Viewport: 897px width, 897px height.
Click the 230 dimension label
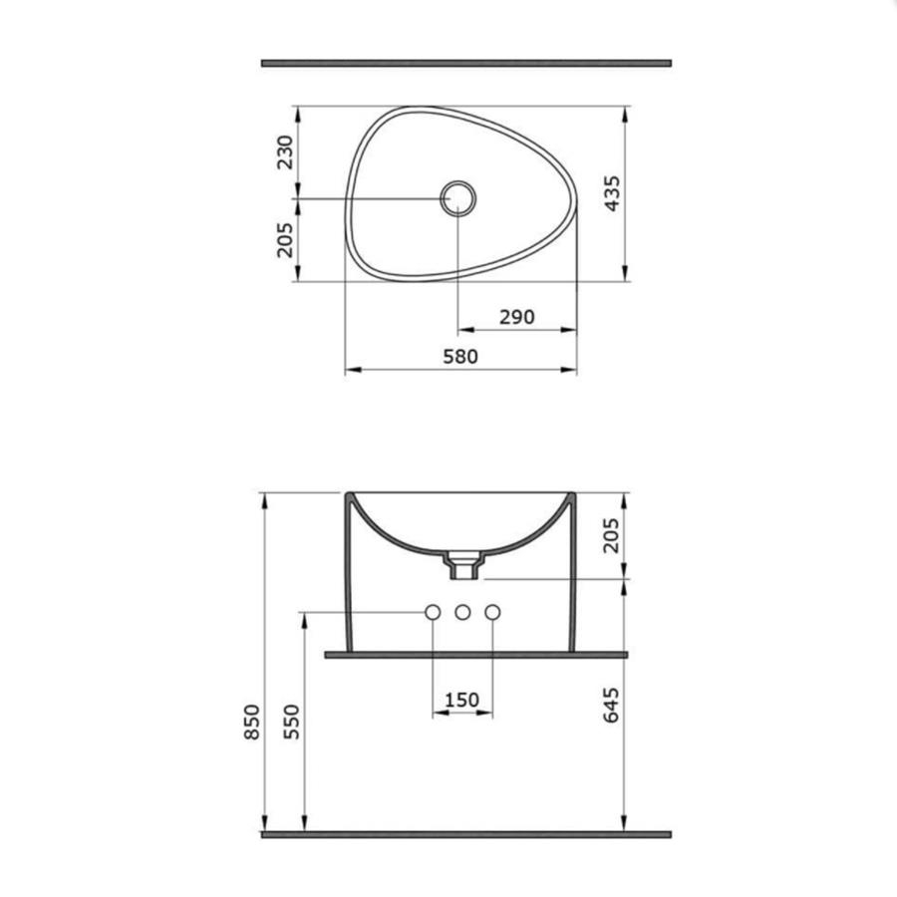coord(284,152)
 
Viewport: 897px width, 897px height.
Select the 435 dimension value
coord(612,193)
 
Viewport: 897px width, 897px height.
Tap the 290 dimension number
coord(517,316)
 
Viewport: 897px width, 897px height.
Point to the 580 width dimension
coord(460,357)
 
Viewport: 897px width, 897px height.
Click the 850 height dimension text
coord(252,722)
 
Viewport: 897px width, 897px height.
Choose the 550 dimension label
coord(291,722)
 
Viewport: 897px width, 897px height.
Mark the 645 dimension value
coord(611,705)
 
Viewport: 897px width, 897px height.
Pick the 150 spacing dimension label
coord(461,700)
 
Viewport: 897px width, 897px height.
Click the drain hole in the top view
coord(458,198)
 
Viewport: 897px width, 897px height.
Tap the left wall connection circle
coord(433,612)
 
